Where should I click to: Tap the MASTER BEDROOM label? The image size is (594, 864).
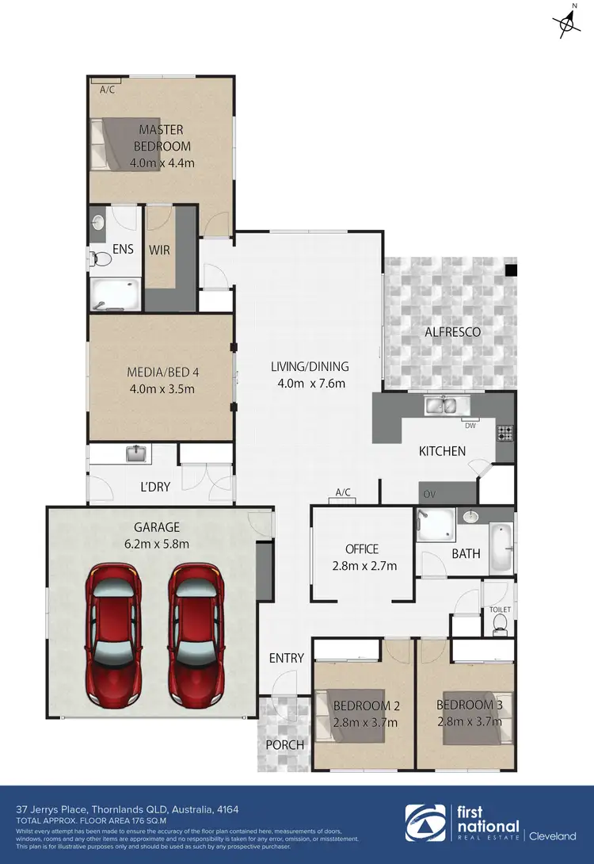coord(161,137)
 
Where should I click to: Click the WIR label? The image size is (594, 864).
coord(160,250)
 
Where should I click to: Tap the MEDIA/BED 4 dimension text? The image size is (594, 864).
coord(161,388)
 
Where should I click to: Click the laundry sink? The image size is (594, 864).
coord(136,453)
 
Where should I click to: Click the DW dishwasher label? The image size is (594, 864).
coord(470,426)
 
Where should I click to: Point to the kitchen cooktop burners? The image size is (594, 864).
coord(505,433)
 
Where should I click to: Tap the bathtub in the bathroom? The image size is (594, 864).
coord(501,549)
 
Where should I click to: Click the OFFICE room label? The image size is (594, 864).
coord(362,549)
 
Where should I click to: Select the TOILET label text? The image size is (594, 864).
coord(501,610)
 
